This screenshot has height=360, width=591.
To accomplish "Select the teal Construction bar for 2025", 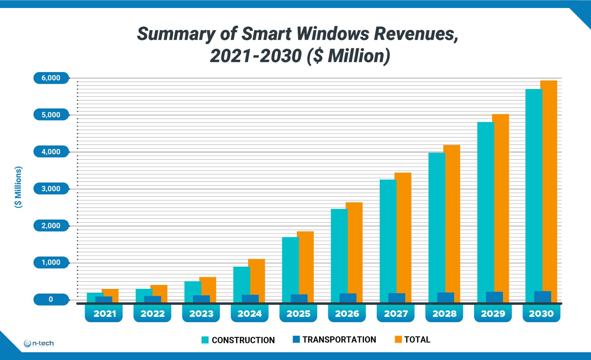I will [x=290, y=265].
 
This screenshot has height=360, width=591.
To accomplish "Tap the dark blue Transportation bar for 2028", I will [x=445, y=297].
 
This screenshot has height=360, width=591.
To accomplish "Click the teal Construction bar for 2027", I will [x=388, y=234].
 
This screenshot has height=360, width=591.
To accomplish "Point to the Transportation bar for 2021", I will [x=104, y=299].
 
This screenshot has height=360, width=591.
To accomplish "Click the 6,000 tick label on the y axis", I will [x=51, y=78].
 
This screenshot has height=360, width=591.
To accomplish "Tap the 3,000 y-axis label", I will [x=51, y=189].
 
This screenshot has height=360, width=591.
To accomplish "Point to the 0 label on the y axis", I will [x=51, y=299].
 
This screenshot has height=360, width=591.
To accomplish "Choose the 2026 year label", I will [x=347, y=314].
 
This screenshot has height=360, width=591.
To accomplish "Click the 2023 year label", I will [x=201, y=314].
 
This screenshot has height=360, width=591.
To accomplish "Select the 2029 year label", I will [x=493, y=314].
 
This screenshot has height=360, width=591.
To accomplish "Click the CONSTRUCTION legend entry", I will [x=243, y=340].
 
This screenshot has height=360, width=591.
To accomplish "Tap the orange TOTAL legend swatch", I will [x=398, y=339].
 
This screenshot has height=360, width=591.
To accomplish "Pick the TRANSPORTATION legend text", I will [x=339, y=340].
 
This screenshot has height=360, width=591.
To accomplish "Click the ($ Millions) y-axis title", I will [x=18, y=187].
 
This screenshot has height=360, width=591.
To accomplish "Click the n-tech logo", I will [x=39, y=343].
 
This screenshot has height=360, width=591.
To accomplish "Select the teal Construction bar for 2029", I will [x=485, y=209].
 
